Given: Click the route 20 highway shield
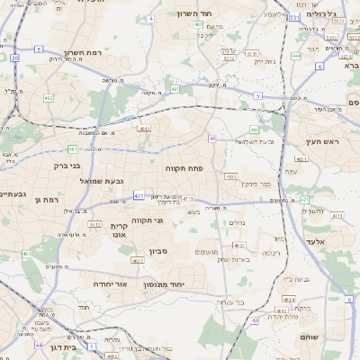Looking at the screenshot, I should [15, 58].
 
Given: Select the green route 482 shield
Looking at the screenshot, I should [48, 98].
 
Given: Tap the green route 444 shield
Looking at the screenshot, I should [295, 56].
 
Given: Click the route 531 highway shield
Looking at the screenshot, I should [294, 18].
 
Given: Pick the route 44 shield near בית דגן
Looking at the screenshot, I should [39, 345].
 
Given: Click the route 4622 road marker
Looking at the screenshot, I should [137, 261].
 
